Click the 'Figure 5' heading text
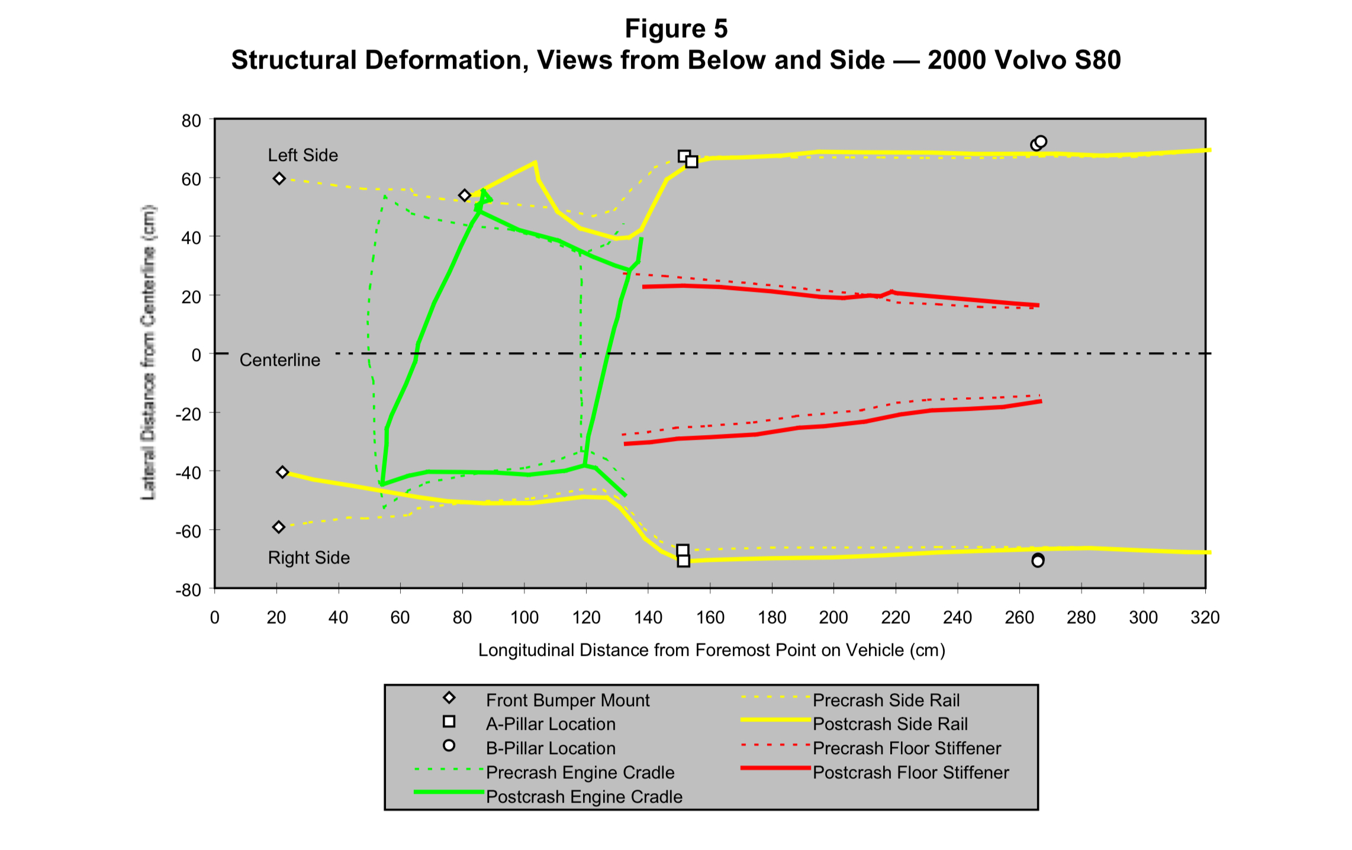click(676, 28)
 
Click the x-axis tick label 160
click(710, 617)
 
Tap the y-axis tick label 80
click(191, 121)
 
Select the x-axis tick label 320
click(1205, 617)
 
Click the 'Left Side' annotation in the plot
click(302, 155)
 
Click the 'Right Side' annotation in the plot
click(308, 558)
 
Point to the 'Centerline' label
click(279, 360)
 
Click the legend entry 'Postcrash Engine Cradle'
click(584, 797)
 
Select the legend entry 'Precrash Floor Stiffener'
click(906, 748)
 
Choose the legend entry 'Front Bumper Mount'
click(567, 700)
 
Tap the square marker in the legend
click(449, 722)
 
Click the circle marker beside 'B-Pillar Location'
click(449, 746)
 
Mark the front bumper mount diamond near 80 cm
click(465, 195)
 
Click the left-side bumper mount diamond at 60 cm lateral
click(279, 179)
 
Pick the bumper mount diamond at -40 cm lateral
click(282, 472)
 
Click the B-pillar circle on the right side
click(1038, 561)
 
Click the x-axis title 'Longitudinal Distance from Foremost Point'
click(711, 650)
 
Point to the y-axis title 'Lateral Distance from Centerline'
click(148, 352)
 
